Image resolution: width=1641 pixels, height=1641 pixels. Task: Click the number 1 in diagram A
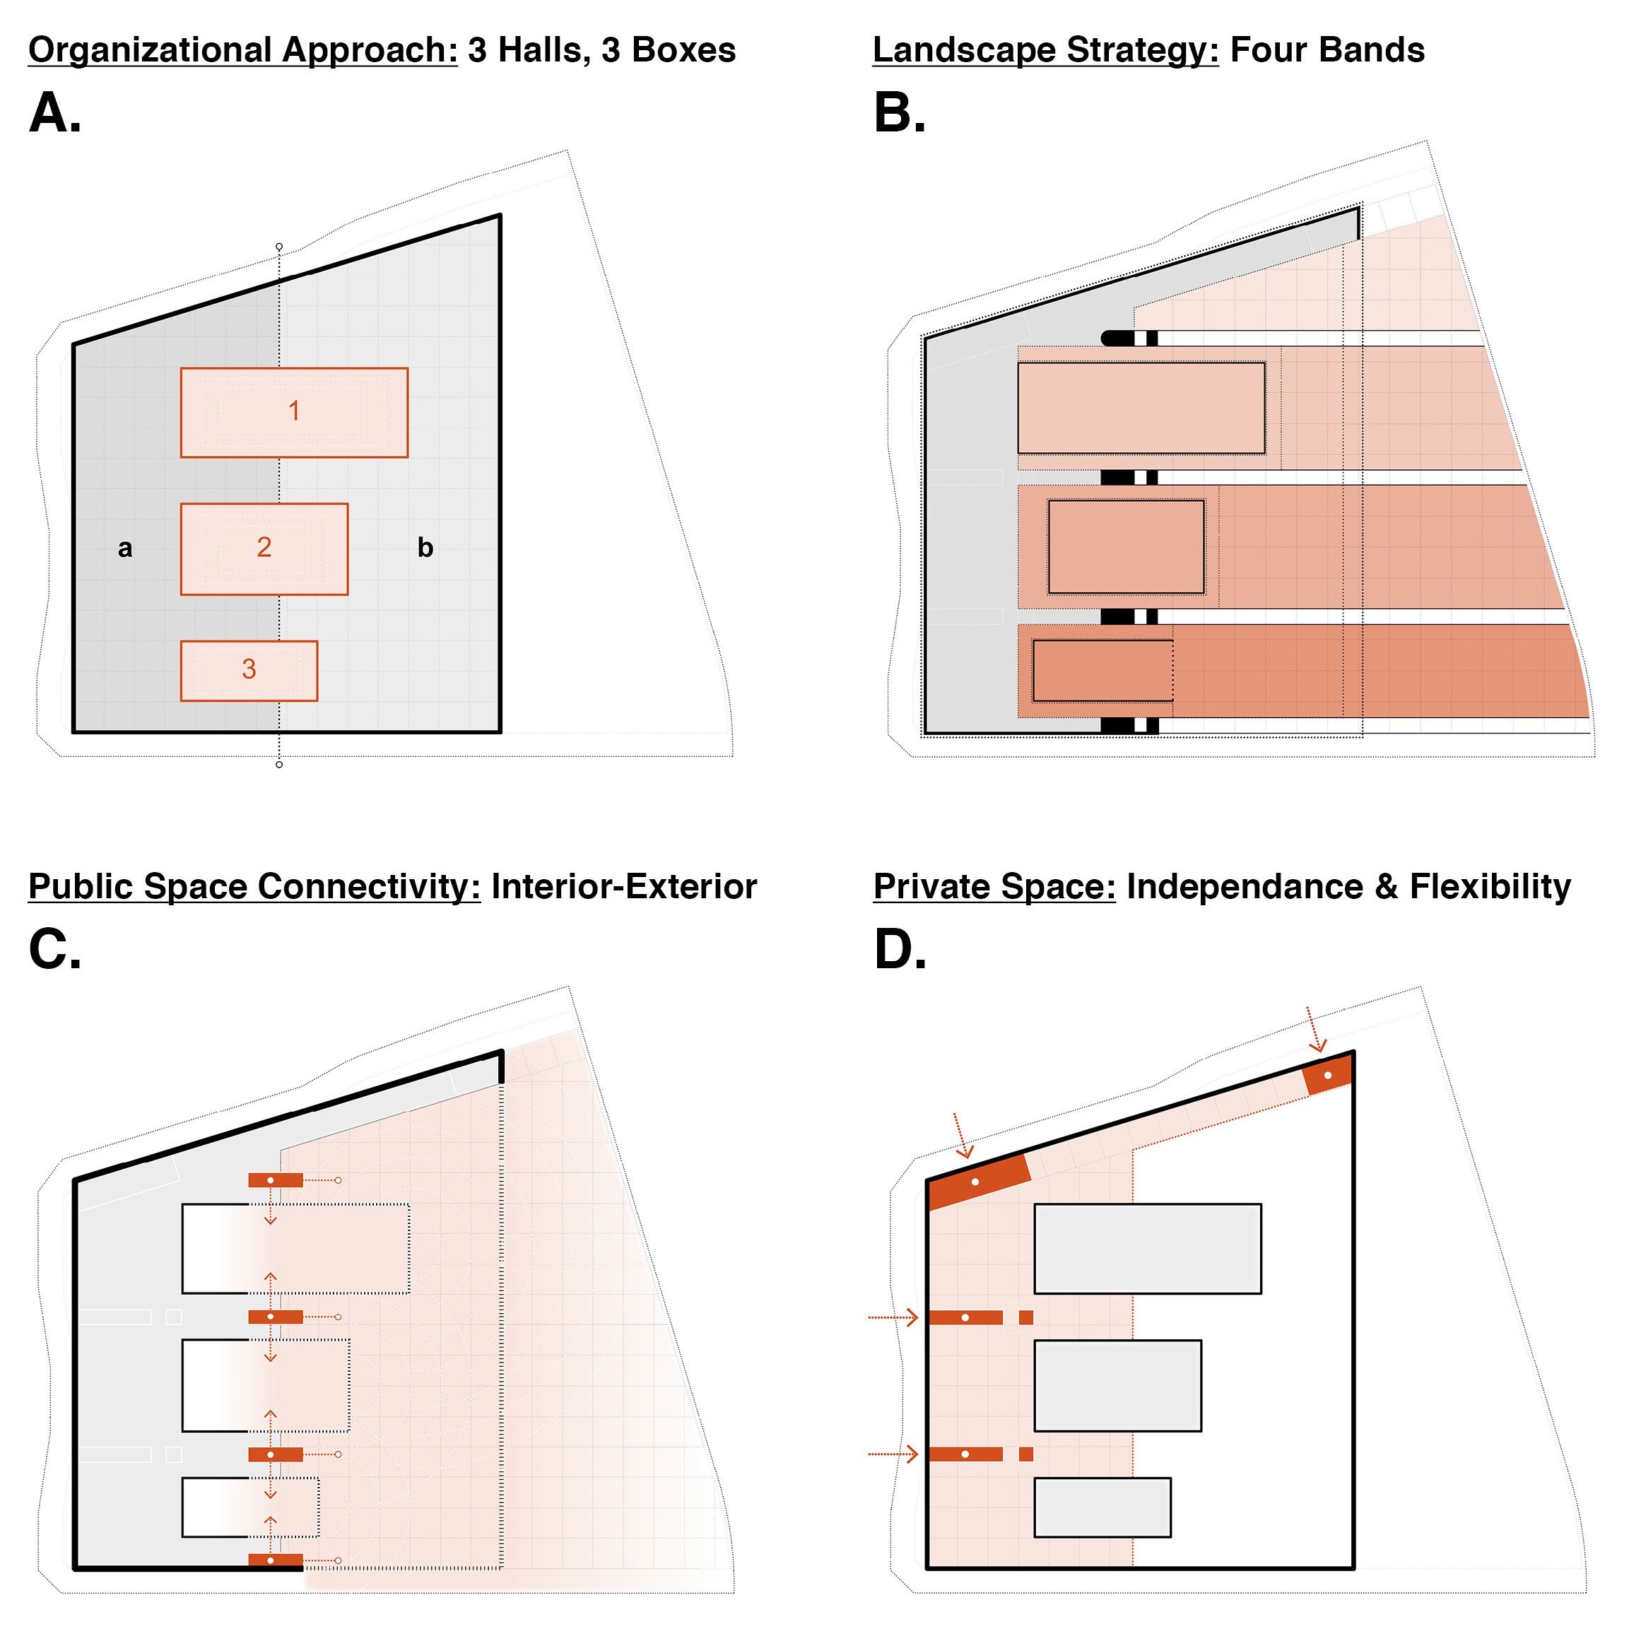[x=294, y=411]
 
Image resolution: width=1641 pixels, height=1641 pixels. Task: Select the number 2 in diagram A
[x=264, y=548]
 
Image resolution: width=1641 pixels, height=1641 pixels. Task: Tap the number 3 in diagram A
[x=249, y=669]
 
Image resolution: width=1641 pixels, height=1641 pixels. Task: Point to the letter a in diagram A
[x=125, y=548]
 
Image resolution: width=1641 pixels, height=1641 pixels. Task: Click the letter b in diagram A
[x=425, y=548]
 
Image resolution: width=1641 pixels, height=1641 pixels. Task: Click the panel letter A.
[x=54, y=113]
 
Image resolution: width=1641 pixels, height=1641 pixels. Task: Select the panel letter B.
[x=899, y=113]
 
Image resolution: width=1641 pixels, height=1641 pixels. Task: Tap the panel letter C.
[x=54, y=950]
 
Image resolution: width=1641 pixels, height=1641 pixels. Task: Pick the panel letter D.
[x=900, y=950]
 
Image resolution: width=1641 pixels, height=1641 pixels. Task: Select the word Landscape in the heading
[x=964, y=51]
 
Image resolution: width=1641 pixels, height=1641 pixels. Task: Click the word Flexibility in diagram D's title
[x=1490, y=887]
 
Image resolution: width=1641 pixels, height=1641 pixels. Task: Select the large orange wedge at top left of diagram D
[x=977, y=1181]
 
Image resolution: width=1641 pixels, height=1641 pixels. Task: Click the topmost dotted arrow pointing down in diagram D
[x=1316, y=1030]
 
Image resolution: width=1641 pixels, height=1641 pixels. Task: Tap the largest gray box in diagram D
[x=1147, y=1249]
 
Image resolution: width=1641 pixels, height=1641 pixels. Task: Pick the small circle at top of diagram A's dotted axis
[x=279, y=247]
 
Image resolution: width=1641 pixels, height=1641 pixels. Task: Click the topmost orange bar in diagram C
[x=275, y=1180]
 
